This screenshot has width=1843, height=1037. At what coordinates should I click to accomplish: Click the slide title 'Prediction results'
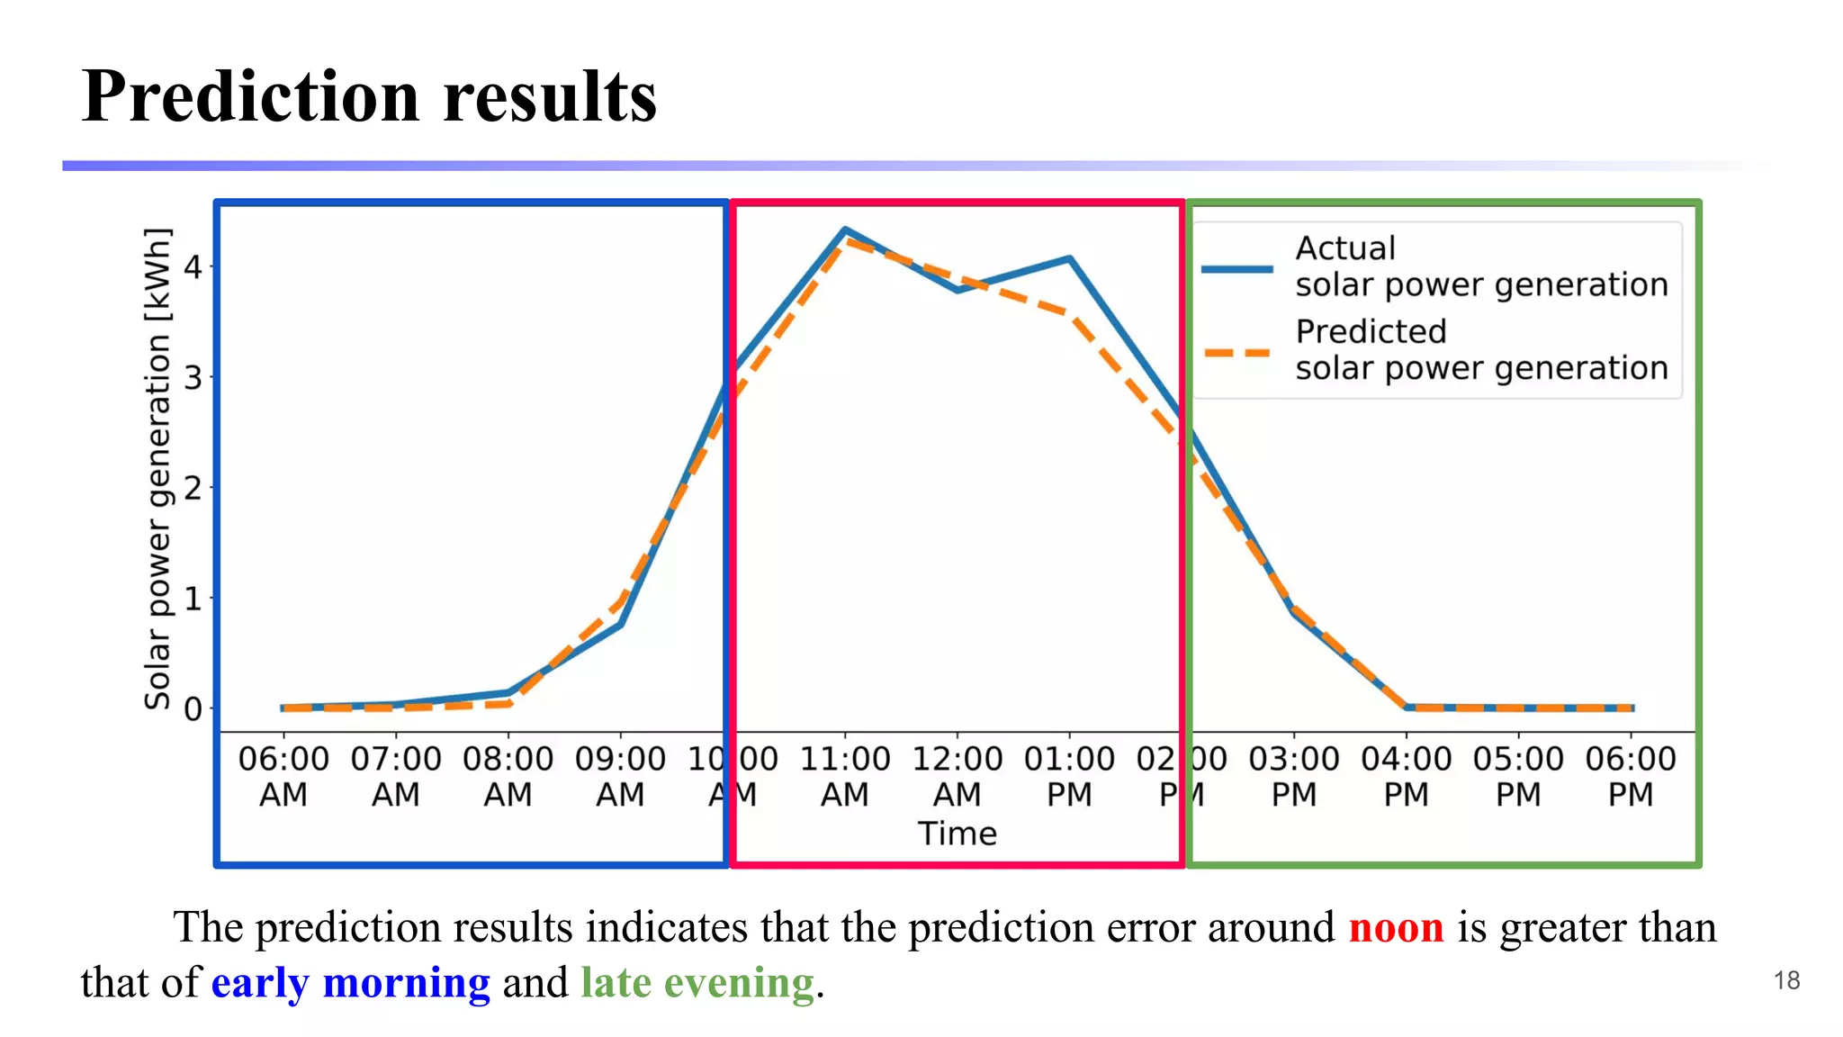click(369, 96)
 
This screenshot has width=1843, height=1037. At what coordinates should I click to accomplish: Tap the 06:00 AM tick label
click(283, 776)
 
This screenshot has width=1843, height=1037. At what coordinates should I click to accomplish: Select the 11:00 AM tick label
click(845, 776)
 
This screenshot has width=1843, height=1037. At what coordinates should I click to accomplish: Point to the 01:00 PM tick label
click(1069, 776)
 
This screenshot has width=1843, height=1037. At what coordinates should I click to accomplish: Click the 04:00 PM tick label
click(1406, 776)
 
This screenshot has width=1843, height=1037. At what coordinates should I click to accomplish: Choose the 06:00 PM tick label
click(1631, 776)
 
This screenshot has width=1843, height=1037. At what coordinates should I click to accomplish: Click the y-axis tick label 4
click(193, 267)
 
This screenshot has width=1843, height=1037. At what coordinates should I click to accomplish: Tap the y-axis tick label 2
click(193, 489)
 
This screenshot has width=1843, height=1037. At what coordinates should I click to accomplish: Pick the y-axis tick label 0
click(193, 709)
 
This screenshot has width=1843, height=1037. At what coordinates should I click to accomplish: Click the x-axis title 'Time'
click(957, 834)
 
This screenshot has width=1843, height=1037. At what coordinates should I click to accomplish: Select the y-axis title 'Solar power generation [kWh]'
click(157, 468)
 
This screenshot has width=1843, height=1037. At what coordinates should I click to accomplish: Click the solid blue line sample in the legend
click(1237, 268)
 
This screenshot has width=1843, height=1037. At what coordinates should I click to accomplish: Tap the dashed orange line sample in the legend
click(1237, 353)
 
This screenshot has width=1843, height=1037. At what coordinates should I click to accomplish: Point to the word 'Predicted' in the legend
click(1371, 331)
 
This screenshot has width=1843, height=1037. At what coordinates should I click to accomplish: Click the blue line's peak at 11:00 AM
click(845, 230)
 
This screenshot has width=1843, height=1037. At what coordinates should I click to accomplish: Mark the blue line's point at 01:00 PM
click(1069, 259)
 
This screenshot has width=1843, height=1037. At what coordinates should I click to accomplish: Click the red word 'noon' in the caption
click(1396, 927)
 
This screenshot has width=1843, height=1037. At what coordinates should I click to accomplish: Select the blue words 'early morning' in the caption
click(351, 982)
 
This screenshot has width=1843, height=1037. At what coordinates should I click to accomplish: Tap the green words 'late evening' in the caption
click(697, 982)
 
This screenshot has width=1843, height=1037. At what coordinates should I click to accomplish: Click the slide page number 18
click(1786, 980)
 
